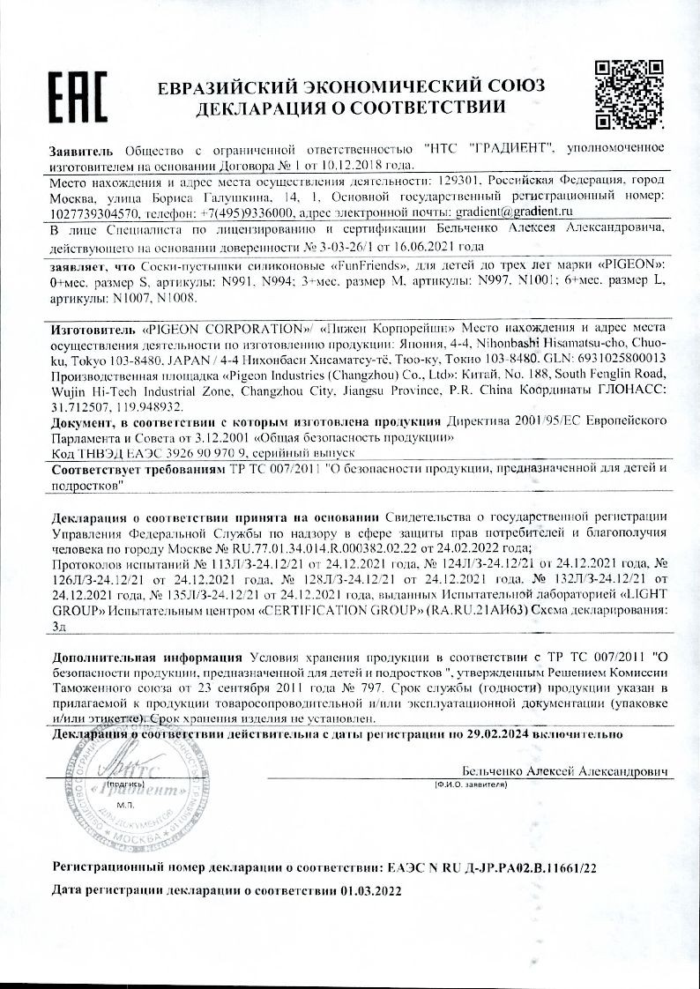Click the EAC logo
pyautogui.click(x=77, y=96)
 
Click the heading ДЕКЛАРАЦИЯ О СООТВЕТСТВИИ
pyautogui.click(x=351, y=108)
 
